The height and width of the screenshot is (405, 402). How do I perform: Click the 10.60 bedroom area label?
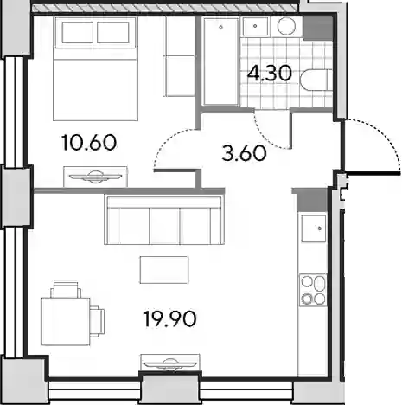tap(89, 143)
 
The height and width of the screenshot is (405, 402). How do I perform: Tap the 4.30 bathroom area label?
tap(270, 74)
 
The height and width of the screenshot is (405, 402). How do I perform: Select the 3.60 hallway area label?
tap(244, 153)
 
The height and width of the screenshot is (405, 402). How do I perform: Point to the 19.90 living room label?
tap(169, 319)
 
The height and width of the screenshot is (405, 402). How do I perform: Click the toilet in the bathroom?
tap(316, 80)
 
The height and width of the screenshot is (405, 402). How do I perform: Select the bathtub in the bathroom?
tap(220, 61)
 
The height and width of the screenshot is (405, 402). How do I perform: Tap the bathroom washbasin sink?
tap(255, 27)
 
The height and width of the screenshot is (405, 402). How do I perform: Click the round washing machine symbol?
tap(286, 26)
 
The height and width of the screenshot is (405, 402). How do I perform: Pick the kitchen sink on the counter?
tap(314, 228)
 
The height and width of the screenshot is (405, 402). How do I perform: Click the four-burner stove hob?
tap(313, 290)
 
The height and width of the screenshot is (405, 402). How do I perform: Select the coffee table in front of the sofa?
tap(164, 270)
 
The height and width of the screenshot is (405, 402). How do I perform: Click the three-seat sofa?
tap(164, 220)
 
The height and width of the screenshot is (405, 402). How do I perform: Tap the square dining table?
tap(66, 321)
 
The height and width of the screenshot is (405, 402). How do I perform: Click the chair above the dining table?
tap(66, 290)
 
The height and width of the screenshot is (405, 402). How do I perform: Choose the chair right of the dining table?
tap(97, 321)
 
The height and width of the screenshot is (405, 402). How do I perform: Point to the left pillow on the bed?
tap(78, 32)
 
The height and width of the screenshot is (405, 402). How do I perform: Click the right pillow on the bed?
tap(113, 32)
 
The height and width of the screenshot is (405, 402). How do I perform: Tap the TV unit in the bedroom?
tap(95, 177)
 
